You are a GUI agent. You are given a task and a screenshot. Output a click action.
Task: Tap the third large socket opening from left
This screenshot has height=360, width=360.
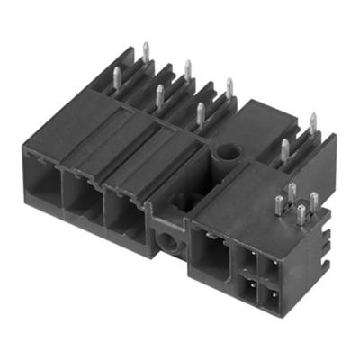(x=123, y=211)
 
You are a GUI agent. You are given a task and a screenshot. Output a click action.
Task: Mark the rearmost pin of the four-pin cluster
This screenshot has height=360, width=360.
(x=292, y=192)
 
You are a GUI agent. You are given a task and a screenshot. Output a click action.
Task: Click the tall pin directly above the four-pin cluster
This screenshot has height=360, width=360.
(x=283, y=150)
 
